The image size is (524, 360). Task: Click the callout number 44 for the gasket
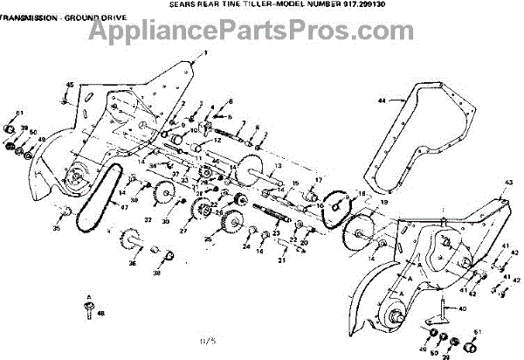point(382,101)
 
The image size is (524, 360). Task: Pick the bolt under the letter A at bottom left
point(89,305)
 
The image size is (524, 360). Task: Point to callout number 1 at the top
point(206,53)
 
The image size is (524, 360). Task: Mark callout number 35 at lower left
point(57,228)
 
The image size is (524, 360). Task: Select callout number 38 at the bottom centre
point(157,273)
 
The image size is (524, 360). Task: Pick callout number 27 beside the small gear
point(183,232)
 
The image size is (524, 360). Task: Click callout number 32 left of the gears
point(148,219)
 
